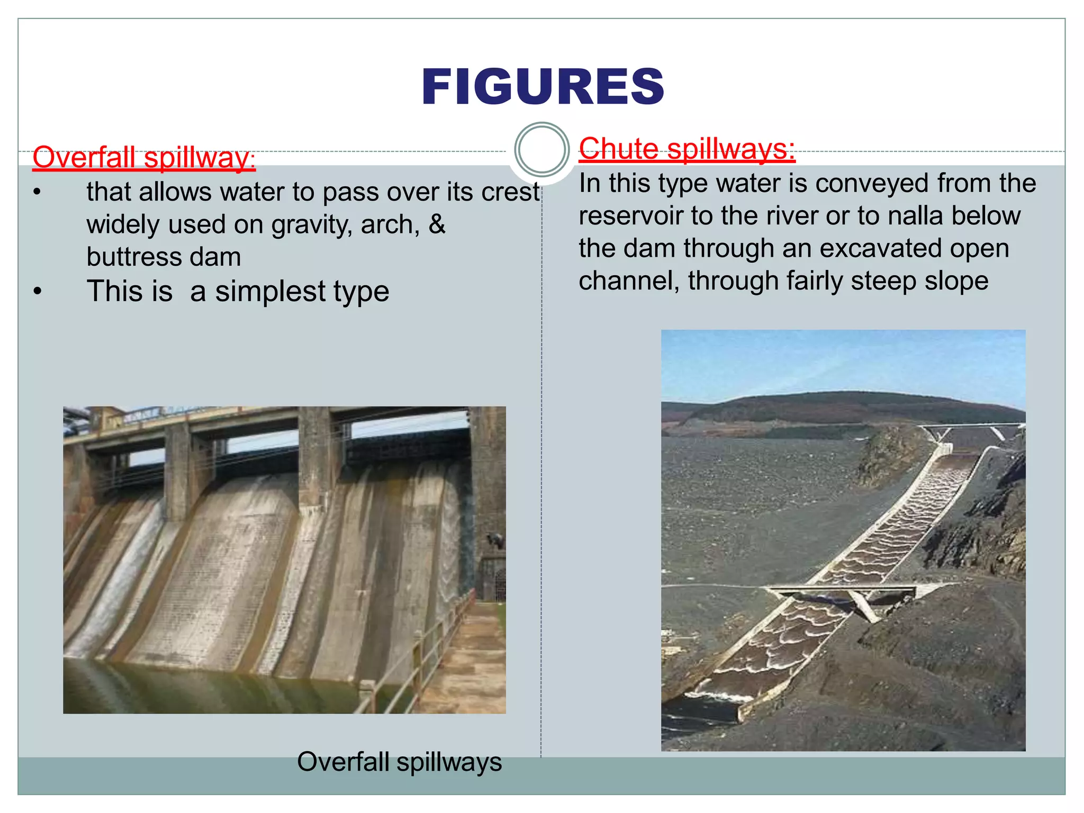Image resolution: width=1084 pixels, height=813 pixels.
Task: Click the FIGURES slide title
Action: point(543,87)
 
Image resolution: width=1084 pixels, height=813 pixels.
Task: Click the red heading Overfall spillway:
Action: point(143,158)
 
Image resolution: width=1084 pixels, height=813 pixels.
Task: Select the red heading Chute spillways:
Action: point(686,149)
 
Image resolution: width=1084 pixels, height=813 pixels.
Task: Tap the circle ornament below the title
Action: point(541,150)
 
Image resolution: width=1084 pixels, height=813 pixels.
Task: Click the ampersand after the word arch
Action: point(437,224)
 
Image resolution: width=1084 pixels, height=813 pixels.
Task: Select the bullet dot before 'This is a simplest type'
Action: point(37,292)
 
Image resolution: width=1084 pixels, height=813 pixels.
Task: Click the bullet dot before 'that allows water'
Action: point(37,193)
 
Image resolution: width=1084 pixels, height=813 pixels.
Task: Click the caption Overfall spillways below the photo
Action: point(399,762)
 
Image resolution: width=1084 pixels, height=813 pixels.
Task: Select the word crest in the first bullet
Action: point(510,192)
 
